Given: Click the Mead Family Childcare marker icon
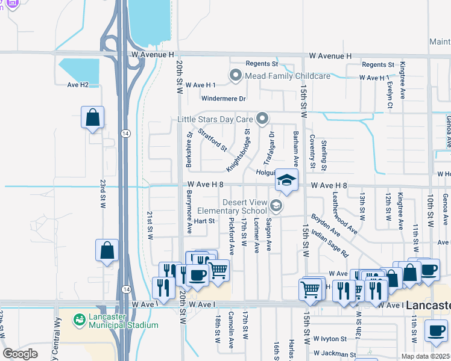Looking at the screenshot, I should tap(235, 76).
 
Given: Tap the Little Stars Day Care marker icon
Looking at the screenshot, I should tap(262, 119).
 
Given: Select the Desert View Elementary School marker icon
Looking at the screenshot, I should tap(276, 207).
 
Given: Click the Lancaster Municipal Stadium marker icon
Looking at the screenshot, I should tap(78, 319).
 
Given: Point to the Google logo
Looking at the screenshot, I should tap(20, 353).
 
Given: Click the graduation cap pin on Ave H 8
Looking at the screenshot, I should tap(286, 180).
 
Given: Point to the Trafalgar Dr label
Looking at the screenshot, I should tap(269, 148).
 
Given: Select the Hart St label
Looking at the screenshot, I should tap(204, 221).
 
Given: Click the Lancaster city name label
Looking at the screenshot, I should tap(427, 306).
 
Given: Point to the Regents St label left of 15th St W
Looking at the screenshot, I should tap(262, 64).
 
